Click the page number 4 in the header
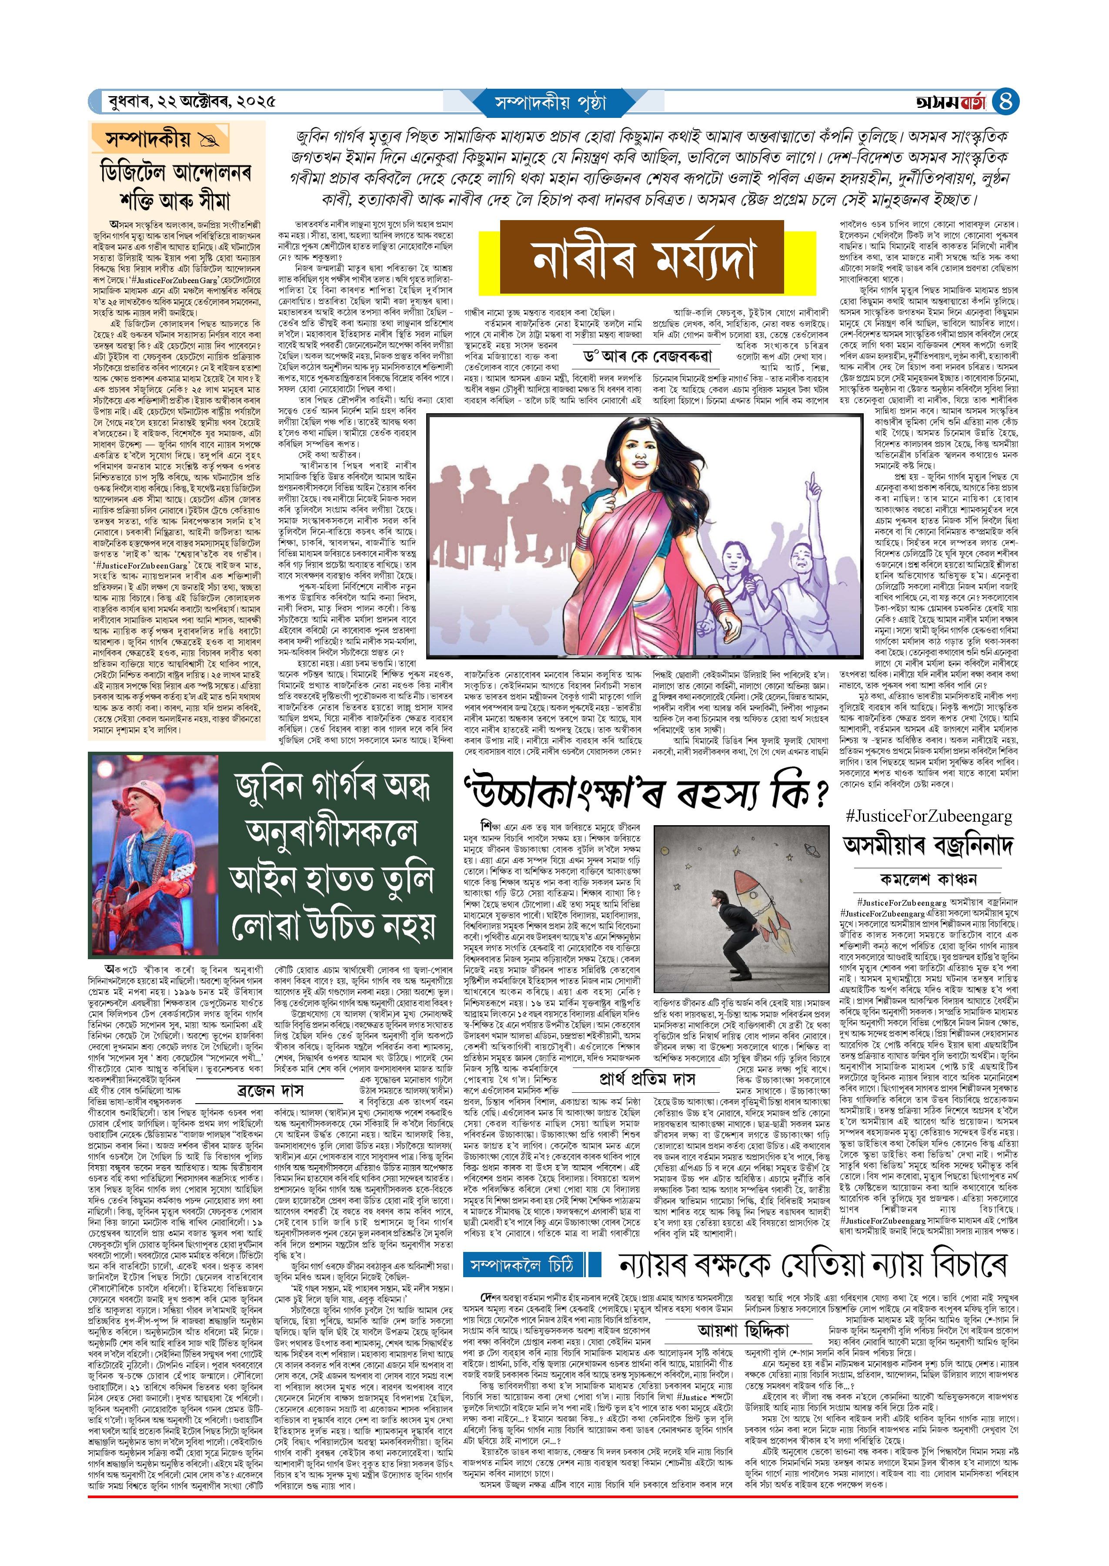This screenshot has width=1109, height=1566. click(1006, 102)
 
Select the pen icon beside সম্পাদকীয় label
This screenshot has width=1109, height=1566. click(207, 141)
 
